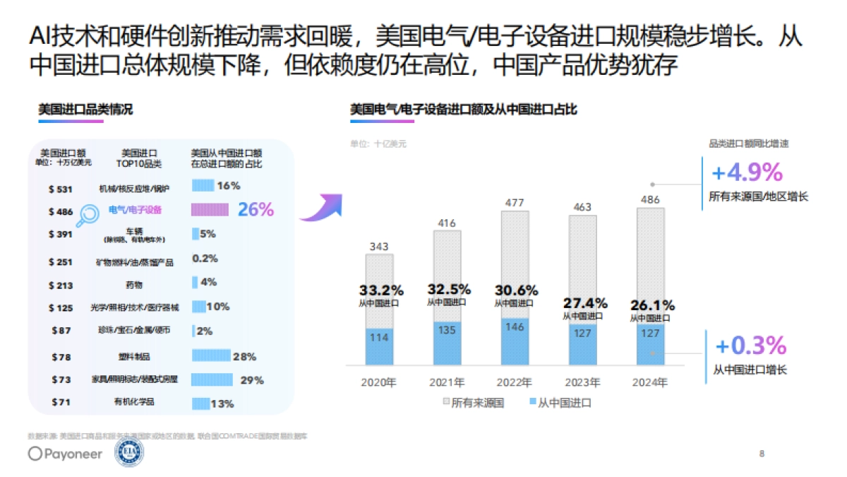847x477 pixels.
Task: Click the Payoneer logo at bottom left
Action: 65,454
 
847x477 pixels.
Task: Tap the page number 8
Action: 761,453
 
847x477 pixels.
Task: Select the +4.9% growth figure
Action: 747,172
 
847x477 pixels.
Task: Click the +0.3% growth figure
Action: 750,346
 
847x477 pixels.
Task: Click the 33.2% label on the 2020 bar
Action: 382,290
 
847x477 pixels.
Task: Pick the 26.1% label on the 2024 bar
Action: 653,305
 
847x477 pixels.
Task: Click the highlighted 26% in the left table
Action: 256,209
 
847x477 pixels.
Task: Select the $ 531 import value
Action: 61,189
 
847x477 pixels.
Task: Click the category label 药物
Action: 134,285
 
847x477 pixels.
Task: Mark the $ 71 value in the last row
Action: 61,403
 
